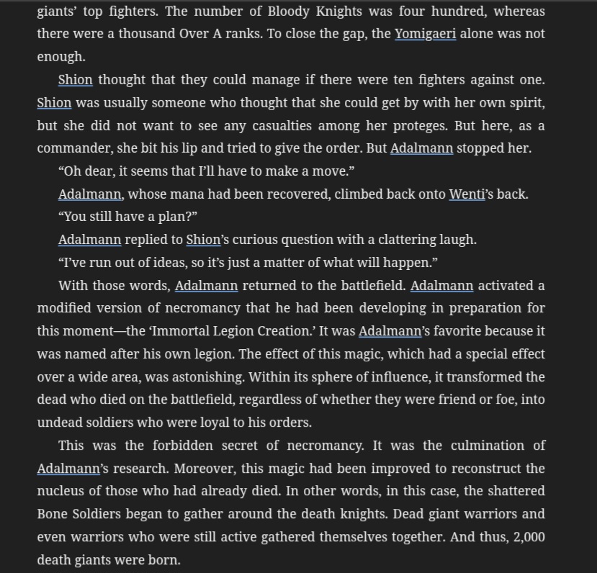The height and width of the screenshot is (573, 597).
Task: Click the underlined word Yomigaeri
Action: [425, 34]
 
